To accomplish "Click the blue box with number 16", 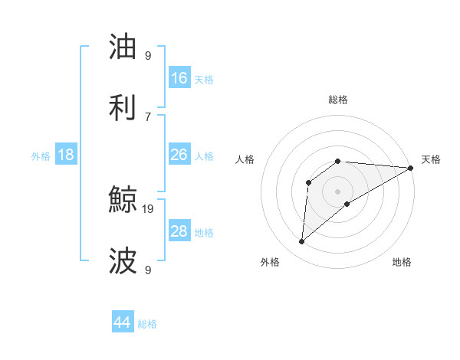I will (179, 78).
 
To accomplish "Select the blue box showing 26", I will (179, 155).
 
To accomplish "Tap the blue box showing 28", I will (179, 231).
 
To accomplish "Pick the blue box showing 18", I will (66, 155).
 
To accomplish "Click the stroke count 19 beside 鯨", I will (149, 208).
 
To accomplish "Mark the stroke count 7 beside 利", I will (148, 116).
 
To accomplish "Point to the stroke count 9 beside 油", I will (148, 55).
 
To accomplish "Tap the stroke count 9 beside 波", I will (148, 270).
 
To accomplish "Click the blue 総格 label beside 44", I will (147, 324).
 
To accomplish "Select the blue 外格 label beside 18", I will (41, 156).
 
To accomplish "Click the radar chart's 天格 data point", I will (411, 168).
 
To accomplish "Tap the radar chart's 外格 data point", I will (302, 242).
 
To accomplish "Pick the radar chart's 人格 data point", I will (309, 182).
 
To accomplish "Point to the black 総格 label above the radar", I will (338, 100).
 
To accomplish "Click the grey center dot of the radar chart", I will (338, 191).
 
